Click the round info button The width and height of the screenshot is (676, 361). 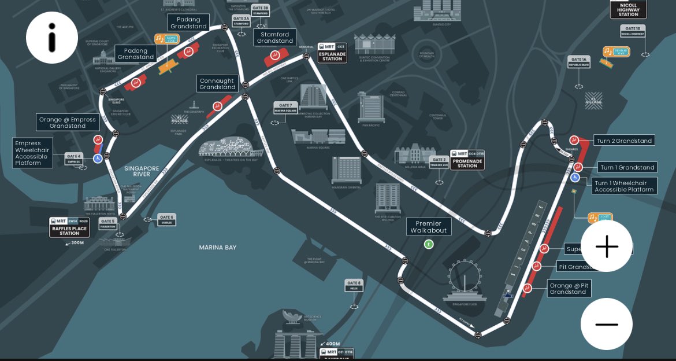(x=52, y=38)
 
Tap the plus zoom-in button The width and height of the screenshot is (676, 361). (x=607, y=246)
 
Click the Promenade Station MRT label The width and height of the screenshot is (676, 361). (x=467, y=160)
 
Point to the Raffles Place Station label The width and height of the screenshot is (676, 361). (x=69, y=227)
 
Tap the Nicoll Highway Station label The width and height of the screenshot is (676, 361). (x=628, y=9)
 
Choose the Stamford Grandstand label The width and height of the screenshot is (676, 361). (x=275, y=38)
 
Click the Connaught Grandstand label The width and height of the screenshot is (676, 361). (x=217, y=84)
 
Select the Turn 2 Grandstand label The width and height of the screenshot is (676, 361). (x=625, y=141)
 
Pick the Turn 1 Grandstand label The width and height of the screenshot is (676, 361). (x=627, y=167)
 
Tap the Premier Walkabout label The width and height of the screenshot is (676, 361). (x=428, y=227)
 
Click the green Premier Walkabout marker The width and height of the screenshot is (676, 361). (x=428, y=244)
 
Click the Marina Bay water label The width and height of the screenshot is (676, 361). (x=218, y=248)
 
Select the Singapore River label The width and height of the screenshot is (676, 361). (x=142, y=171)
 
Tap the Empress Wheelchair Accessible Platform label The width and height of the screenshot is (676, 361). (x=33, y=153)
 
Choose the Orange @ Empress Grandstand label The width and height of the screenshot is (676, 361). (x=68, y=123)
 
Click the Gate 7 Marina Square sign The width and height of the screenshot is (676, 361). (x=285, y=108)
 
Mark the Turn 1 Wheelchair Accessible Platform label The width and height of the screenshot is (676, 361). (x=625, y=186)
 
